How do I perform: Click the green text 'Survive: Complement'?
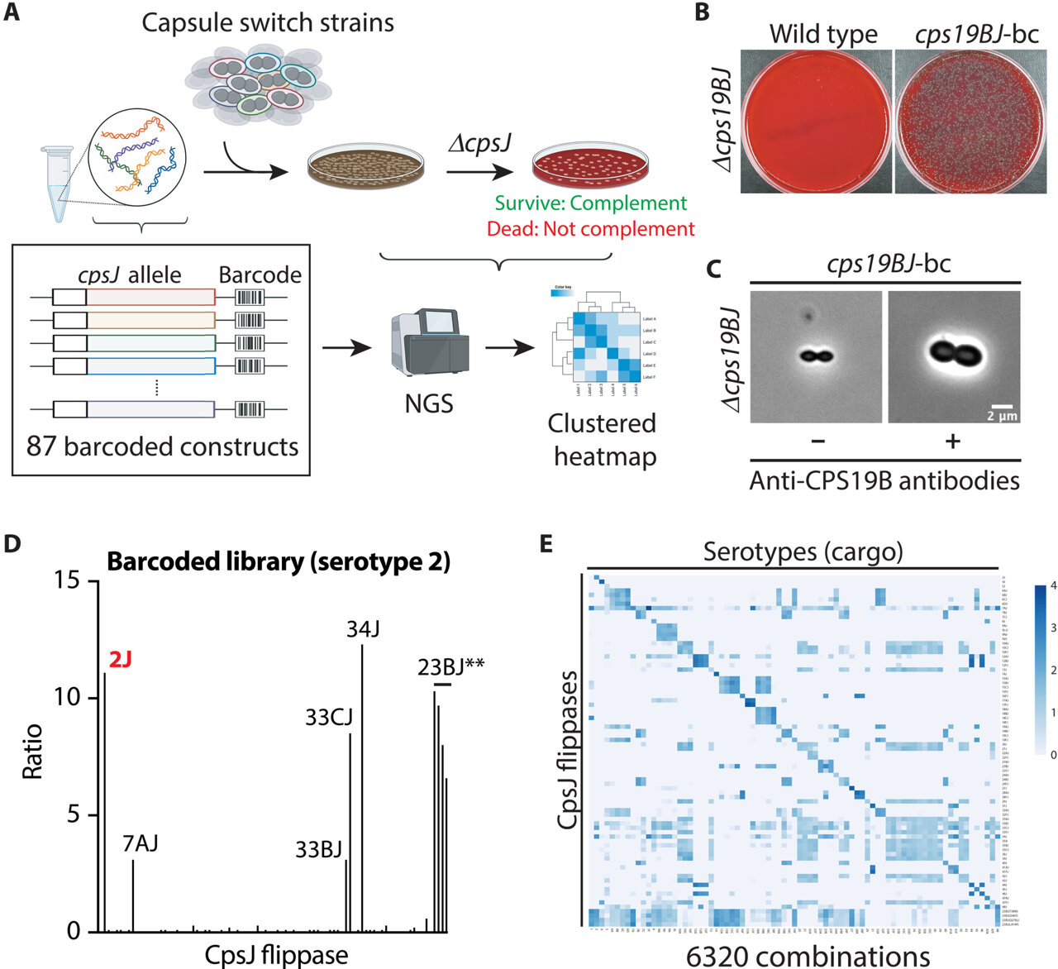point(590,203)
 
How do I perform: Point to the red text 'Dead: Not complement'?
point(590,229)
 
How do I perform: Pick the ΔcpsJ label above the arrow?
point(479,143)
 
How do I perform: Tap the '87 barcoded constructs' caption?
point(162,446)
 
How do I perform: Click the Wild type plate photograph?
point(816,121)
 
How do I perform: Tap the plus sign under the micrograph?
point(952,442)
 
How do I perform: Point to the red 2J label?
point(121,659)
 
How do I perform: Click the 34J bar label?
point(363,630)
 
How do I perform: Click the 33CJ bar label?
point(329,717)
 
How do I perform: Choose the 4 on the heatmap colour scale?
point(1052,586)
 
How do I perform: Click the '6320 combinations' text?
point(808,956)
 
